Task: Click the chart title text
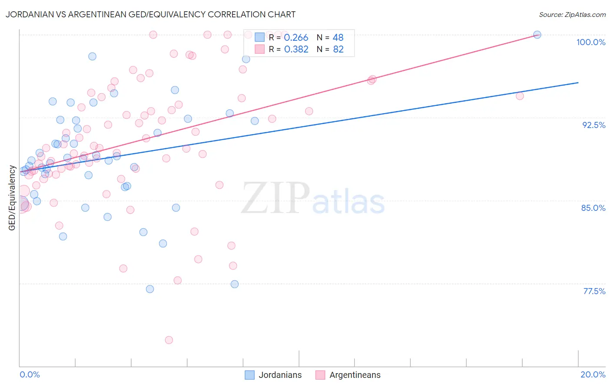(x=150, y=14)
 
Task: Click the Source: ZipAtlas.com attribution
(x=572, y=14)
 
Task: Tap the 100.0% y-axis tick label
(x=591, y=42)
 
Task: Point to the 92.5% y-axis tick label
(x=594, y=125)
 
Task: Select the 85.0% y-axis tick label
(x=593, y=208)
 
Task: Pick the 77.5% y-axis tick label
(x=594, y=291)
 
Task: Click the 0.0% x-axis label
(x=30, y=374)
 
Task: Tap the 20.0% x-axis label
(x=593, y=374)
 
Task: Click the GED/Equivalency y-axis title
(x=12, y=198)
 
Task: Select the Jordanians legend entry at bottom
(x=273, y=375)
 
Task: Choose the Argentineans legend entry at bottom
(x=348, y=375)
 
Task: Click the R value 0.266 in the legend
(x=296, y=38)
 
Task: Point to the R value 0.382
(x=296, y=49)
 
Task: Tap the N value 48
(x=338, y=38)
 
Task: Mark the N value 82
(x=338, y=49)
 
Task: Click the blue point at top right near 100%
(x=537, y=35)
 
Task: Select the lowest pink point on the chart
(x=169, y=340)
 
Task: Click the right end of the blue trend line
(x=578, y=82)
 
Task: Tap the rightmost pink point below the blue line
(x=520, y=96)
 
